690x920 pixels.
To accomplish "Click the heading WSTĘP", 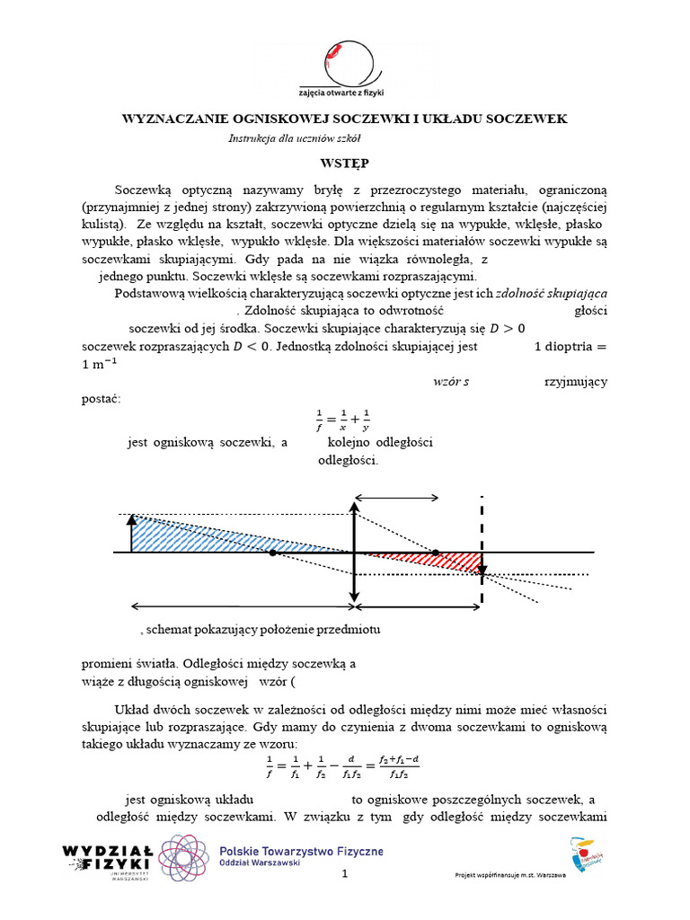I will coord(344,164).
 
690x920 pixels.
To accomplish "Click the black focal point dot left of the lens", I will coord(272,553).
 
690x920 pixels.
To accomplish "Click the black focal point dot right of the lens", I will coord(435,553).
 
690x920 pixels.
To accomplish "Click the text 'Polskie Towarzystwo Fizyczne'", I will coord(302,850).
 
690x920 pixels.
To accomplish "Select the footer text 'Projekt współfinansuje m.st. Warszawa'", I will coord(510,875).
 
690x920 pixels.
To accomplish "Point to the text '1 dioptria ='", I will coord(571,346).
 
